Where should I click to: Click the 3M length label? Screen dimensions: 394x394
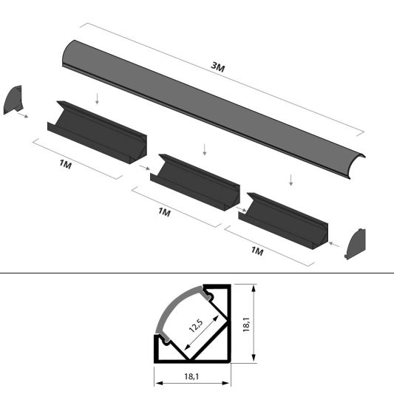(x=217, y=67)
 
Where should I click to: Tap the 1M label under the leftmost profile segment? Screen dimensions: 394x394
(x=66, y=164)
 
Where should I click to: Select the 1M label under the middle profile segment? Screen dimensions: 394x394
(x=164, y=211)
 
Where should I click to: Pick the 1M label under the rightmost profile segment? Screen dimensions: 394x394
(x=257, y=251)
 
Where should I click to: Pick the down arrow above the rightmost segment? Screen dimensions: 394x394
(x=293, y=179)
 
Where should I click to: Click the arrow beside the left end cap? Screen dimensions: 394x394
(x=25, y=115)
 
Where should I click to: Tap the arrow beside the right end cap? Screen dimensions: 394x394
(x=334, y=241)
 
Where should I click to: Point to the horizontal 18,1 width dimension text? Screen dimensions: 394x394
(x=191, y=377)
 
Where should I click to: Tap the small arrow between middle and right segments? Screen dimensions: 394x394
(x=241, y=209)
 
